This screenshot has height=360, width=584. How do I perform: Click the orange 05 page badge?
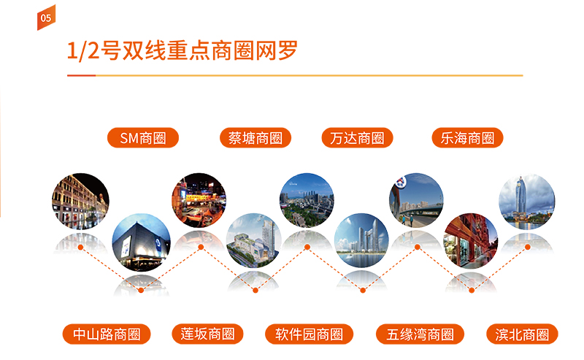pyautogui.click(x=46, y=18)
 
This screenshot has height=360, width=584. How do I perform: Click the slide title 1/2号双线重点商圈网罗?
pyautogui.click(x=182, y=50)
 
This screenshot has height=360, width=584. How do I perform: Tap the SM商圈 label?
pyautogui.click(x=143, y=138)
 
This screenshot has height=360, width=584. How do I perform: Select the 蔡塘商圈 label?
pyautogui.click(x=255, y=138)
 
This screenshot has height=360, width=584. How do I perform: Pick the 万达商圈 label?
pyautogui.click(x=357, y=138)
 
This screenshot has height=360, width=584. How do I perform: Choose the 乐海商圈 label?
pyautogui.click(x=467, y=138)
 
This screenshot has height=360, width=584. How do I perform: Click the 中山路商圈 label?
pyautogui.click(x=107, y=334)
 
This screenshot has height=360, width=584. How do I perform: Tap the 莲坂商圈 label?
pyautogui.click(x=207, y=334)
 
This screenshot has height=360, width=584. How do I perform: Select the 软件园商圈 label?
pyautogui.click(x=309, y=334)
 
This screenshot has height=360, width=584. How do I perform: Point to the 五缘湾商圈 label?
pyautogui.click(x=420, y=334)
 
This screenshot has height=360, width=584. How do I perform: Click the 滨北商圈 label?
pyautogui.click(x=522, y=334)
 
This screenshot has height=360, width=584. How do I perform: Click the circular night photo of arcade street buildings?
pyautogui.click(x=80, y=202)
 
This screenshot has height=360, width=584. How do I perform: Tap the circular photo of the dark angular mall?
pyautogui.click(x=141, y=242)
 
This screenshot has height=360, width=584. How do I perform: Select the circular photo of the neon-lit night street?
pyautogui.click(x=199, y=201)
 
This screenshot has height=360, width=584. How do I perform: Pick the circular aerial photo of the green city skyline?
pyautogui.click(x=307, y=201)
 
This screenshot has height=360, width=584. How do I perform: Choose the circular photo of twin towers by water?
pyautogui.click(x=361, y=241)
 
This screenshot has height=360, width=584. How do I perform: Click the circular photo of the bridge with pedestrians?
pyautogui.click(x=416, y=201)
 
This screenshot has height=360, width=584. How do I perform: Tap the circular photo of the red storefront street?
pyautogui.click(x=471, y=241)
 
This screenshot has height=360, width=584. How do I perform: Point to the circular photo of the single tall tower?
pyautogui.click(x=526, y=202)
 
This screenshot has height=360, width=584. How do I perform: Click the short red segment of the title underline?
pyautogui.click(x=82, y=75)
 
